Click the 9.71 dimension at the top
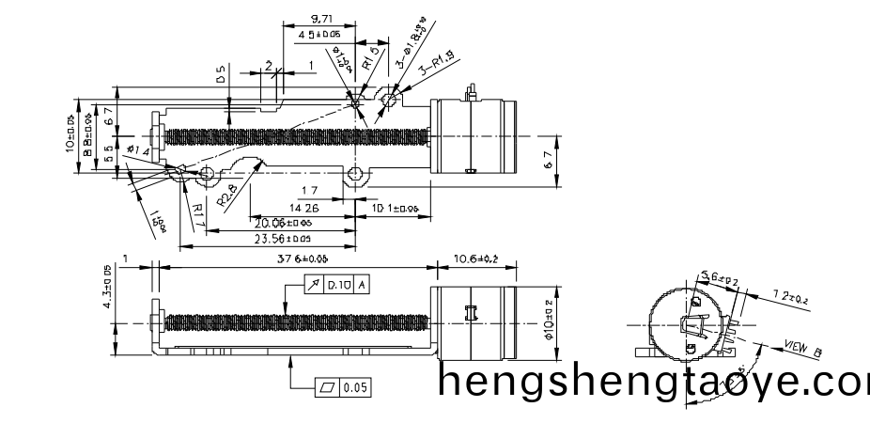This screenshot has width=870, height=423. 319,18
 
